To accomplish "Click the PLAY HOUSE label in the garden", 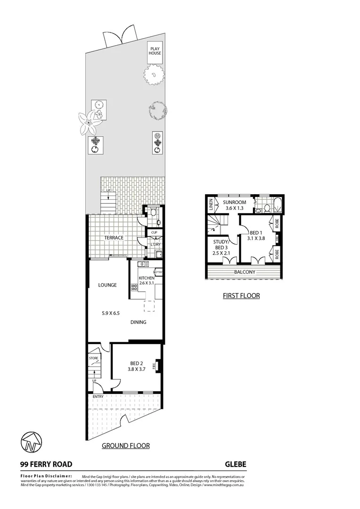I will coord(155,51).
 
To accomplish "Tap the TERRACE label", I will coord(114,238).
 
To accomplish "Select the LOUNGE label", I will coord(107,285).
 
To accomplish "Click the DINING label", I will coord(139,322).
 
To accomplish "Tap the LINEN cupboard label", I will coord(211,205).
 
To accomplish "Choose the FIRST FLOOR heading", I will coord(241,296).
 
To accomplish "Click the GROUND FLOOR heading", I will coord(126,445).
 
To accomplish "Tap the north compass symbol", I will coord(30,442).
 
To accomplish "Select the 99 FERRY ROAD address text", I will coord(46,464).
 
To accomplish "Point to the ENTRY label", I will coord(98,396).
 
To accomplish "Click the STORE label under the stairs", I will coord(93,359).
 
